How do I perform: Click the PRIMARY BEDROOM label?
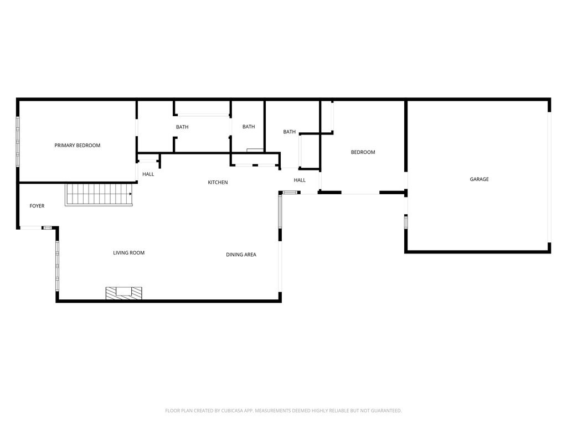click(x=77, y=146)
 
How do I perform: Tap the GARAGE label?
click(x=479, y=179)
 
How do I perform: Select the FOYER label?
click(x=37, y=206)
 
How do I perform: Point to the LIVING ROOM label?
click(x=128, y=253)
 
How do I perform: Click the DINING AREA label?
click(x=241, y=255)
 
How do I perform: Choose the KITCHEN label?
click(x=218, y=183)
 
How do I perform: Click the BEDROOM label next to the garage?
click(x=363, y=152)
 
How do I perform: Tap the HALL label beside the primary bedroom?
click(x=148, y=174)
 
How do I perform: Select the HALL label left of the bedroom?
click(x=300, y=180)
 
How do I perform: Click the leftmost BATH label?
click(x=182, y=127)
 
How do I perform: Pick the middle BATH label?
click(x=249, y=127)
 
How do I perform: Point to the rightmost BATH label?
click(x=289, y=132)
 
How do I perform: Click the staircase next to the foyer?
click(x=99, y=194)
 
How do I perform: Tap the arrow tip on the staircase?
click(x=131, y=194)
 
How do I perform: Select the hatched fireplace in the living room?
click(x=124, y=293)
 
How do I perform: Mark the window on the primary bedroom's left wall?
click(x=18, y=141)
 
